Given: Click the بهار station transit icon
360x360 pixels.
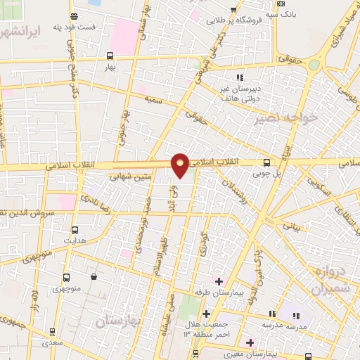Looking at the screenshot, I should (110, 56).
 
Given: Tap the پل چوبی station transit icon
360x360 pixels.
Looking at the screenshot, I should (265, 160).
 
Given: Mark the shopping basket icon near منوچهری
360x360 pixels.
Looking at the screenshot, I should (94, 276).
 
